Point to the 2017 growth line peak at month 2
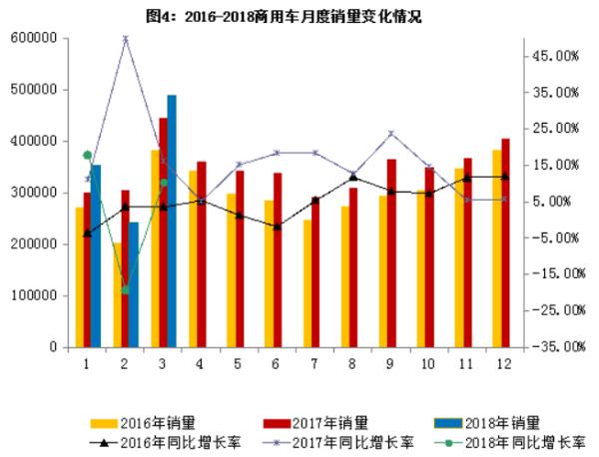pyautogui.click(x=126, y=38)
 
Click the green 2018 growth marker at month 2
pyautogui.click(x=126, y=290)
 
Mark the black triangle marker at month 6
pyautogui.click(x=277, y=227)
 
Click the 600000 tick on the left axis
pyautogui.click(x=33, y=38)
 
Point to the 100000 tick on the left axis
pyautogui.click(x=33, y=296)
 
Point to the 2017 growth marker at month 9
pyautogui.click(x=390, y=133)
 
